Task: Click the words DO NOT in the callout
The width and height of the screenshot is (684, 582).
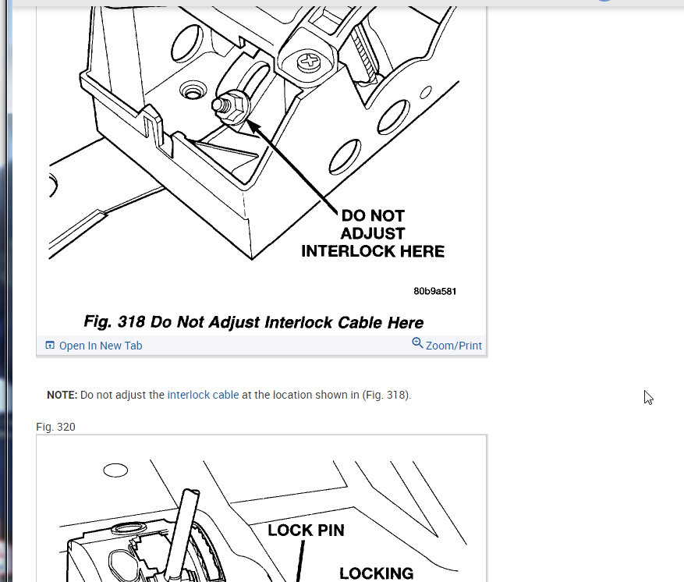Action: tap(373, 215)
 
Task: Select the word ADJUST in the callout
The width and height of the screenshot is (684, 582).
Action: tap(373, 233)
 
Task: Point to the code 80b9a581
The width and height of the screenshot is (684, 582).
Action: tap(435, 291)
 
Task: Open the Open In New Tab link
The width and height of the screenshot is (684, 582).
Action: tap(101, 346)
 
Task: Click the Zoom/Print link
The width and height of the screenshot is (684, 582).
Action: tap(454, 346)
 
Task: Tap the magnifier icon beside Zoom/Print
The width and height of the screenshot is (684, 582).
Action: tap(417, 343)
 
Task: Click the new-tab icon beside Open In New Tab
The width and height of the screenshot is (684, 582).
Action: tap(50, 345)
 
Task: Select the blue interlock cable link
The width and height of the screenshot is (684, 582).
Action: tap(203, 395)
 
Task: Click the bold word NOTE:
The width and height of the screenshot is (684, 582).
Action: tap(62, 395)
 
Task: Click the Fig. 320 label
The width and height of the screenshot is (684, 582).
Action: tap(55, 427)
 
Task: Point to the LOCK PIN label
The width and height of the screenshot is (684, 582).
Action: tap(307, 530)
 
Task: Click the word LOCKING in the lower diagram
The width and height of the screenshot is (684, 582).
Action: tap(377, 573)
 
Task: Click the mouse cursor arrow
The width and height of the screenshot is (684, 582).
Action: tap(648, 397)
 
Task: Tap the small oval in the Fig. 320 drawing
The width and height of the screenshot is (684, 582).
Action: tap(115, 470)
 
